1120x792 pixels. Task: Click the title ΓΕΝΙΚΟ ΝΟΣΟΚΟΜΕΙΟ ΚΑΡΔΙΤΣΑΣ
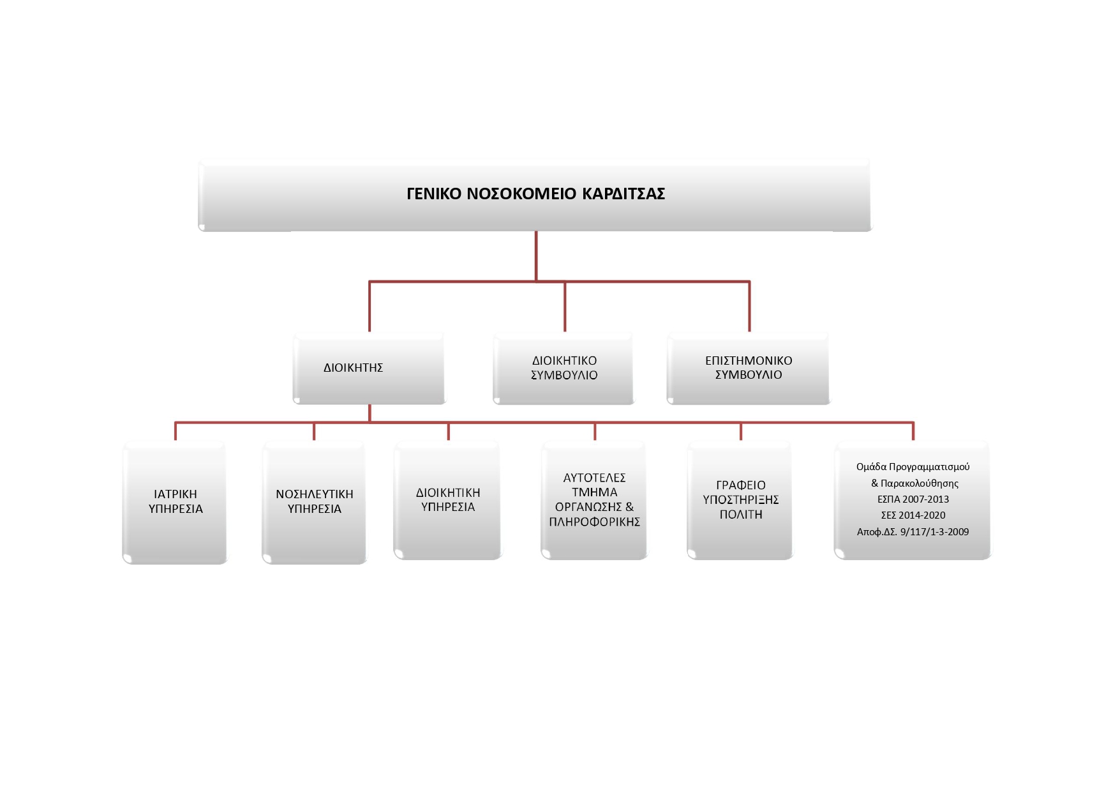[535, 194]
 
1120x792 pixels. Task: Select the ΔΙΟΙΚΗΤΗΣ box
[369, 368]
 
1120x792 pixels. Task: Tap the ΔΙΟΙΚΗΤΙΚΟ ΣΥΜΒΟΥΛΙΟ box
[564, 368]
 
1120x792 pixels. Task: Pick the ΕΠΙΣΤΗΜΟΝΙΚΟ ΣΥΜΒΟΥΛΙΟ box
[749, 368]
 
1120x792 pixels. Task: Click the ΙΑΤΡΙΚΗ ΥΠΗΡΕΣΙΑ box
[175, 502]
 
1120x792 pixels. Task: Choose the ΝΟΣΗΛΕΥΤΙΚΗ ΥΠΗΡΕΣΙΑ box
[315, 502]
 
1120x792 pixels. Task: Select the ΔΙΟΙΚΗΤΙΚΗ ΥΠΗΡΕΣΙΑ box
[448, 500]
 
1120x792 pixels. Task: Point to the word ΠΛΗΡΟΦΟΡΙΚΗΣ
[595, 522]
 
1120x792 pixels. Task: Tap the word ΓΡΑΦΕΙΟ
[741, 485]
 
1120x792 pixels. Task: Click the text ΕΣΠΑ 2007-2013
[913, 499]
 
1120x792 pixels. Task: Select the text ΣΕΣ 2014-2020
[913, 515]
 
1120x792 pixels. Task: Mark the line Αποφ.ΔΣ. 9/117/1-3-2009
[913, 532]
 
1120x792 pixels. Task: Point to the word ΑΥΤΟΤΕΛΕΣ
[595, 478]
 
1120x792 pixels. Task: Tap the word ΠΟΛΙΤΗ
[741, 515]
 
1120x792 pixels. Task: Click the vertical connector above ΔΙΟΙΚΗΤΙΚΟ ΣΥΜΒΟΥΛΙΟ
[565, 307]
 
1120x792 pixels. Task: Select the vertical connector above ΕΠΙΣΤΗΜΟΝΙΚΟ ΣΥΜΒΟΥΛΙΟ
[749, 307]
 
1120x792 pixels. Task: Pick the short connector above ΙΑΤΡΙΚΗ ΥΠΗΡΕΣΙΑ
[175, 431]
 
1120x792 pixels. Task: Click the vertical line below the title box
[536, 256]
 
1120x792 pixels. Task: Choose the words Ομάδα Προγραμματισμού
[913, 467]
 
